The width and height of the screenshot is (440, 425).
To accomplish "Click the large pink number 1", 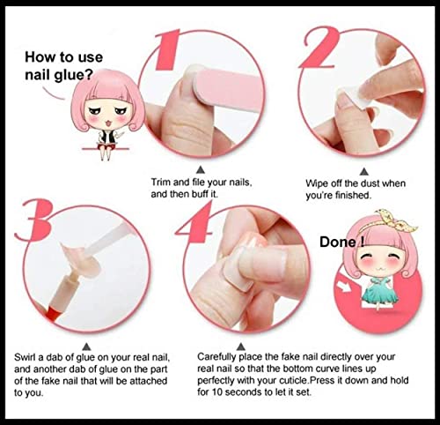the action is (x=168, y=50).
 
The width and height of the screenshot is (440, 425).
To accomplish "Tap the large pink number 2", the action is (x=320, y=48).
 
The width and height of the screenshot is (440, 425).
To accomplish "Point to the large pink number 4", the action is (x=196, y=223).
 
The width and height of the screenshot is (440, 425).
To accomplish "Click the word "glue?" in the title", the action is (x=74, y=75).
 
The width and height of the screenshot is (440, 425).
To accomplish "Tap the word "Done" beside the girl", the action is (x=338, y=242).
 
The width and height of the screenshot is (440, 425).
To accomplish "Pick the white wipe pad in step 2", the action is (x=354, y=96).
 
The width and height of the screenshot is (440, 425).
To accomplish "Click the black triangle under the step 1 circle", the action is (x=201, y=169).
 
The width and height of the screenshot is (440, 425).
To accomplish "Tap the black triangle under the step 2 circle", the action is (x=364, y=171).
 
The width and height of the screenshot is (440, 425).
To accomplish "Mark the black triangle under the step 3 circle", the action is (x=86, y=347).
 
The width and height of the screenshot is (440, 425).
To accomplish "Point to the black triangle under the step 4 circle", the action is (x=241, y=347).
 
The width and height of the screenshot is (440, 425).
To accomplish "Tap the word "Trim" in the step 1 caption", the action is (x=161, y=183).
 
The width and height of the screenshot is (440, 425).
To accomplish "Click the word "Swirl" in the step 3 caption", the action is (x=25, y=357).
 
